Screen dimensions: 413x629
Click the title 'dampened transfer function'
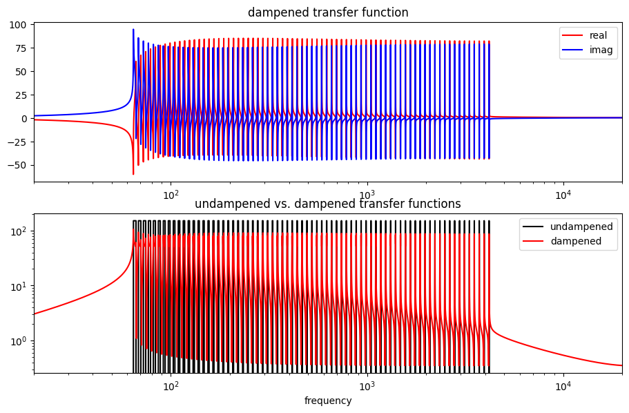(x=328, y=12)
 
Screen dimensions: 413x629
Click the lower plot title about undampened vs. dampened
(x=328, y=204)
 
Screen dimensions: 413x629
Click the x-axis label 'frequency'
(x=328, y=401)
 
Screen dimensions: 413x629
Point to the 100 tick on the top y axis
(x=19, y=25)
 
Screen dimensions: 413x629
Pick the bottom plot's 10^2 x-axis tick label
(x=171, y=386)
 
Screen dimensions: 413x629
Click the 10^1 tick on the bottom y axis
(x=19, y=286)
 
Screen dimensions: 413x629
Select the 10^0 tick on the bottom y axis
(x=19, y=340)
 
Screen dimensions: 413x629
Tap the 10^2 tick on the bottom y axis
(x=19, y=231)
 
